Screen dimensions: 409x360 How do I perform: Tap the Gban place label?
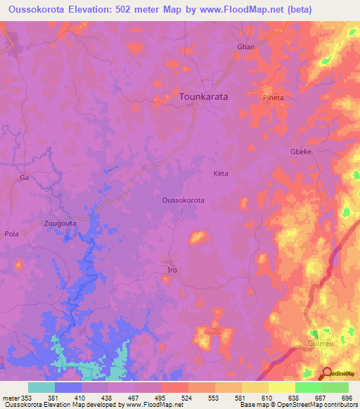coord(245,46)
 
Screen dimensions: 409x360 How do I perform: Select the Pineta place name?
coord(274,98)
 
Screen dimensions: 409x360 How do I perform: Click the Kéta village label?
coord(221,173)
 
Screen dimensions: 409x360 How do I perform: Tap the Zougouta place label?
coord(61,223)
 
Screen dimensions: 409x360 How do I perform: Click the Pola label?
coord(12,234)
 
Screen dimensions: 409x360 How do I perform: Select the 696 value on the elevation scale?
coord(346,398)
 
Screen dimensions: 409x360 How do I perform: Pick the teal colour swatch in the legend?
coord(41,387)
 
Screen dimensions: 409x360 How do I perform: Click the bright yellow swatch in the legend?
coord(281,387)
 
